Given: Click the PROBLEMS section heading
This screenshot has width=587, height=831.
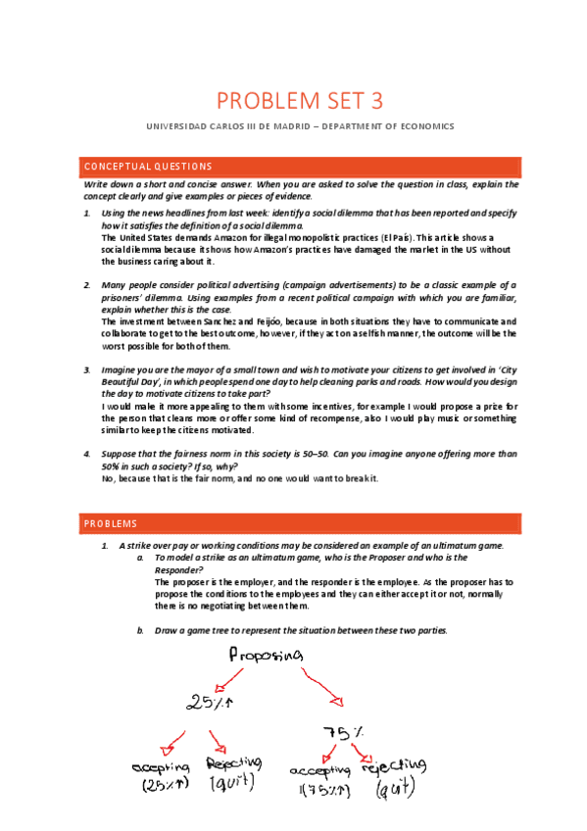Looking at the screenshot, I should click(x=111, y=524).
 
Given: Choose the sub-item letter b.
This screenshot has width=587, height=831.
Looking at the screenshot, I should click(x=140, y=630).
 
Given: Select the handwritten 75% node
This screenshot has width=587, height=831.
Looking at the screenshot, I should click(x=346, y=732).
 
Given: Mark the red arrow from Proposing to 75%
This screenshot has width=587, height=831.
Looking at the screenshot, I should click(x=324, y=686).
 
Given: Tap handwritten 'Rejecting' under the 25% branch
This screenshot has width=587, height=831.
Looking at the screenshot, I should click(x=233, y=762).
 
